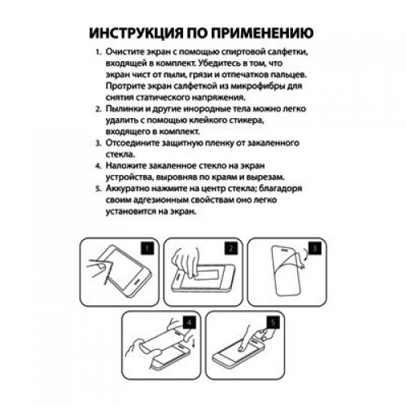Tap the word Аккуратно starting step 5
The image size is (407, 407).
pos(128,187)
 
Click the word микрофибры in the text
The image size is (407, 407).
pos(264,85)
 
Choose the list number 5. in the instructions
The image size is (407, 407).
pos(98,187)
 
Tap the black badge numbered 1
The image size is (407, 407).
pos(148,247)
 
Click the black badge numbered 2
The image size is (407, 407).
pos(230,247)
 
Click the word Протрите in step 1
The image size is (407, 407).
pos(127,85)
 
